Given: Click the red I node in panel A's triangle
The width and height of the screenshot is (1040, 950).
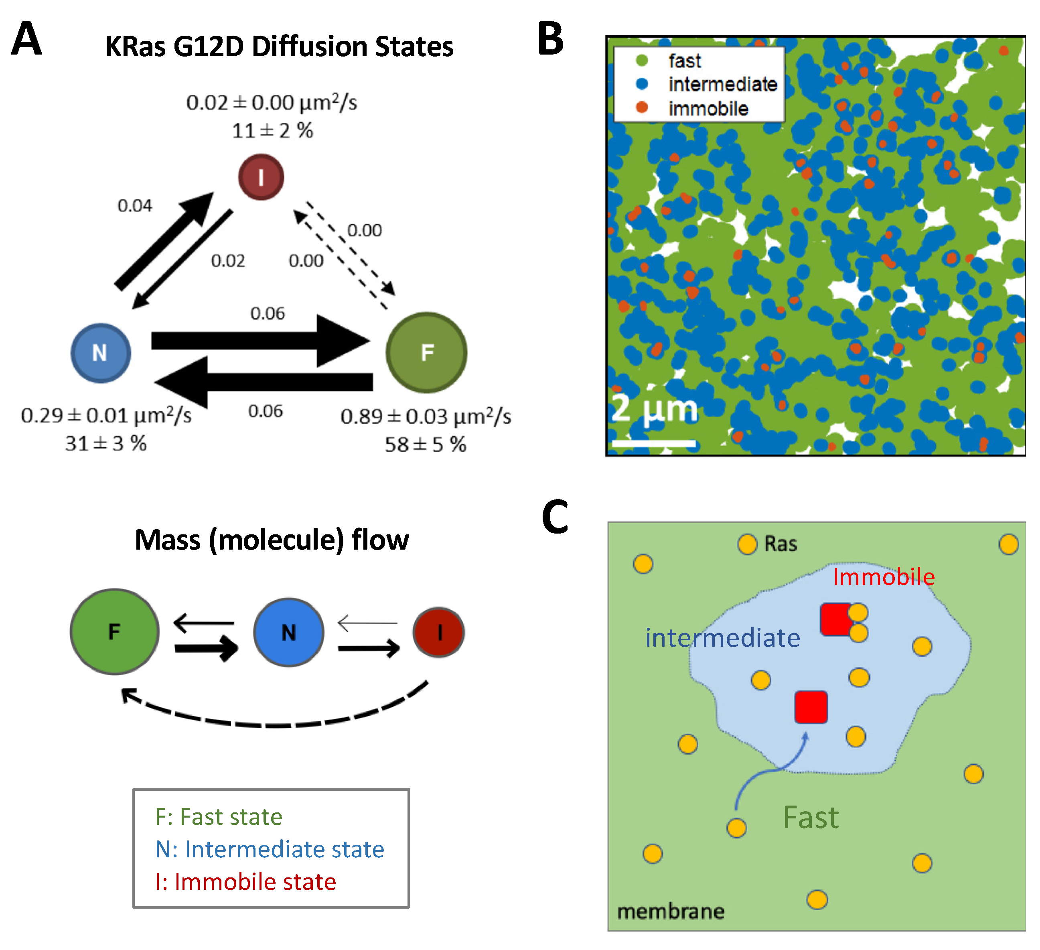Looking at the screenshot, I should (261, 177).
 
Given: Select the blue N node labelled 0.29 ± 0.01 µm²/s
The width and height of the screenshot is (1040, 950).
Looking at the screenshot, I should (101, 353).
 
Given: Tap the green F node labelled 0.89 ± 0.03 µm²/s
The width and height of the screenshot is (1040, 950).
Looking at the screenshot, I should (427, 353).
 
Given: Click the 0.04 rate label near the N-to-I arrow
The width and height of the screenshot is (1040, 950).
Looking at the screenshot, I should (135, 206).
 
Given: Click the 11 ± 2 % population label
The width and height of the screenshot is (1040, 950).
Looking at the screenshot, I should (272, 130).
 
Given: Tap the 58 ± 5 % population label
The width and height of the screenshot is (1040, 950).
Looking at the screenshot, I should (425, 444).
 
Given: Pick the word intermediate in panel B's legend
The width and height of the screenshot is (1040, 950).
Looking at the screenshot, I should (723, 84).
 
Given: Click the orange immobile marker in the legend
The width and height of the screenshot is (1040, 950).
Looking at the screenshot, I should (642, 108).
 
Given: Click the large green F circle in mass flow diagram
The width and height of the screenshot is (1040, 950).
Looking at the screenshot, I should (115, 631).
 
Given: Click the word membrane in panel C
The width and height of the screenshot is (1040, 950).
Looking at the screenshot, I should (671, 911).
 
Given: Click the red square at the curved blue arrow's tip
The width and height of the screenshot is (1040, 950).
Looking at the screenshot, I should (811, 707).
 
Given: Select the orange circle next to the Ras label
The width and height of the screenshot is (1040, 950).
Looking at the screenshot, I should (747, 544).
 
